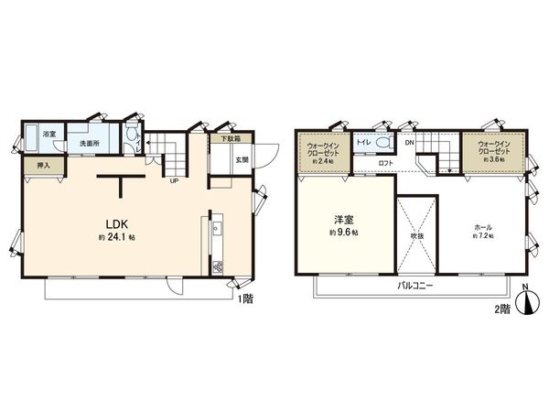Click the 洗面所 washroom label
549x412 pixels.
tap(88, 144)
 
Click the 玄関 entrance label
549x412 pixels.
tap(241, 159)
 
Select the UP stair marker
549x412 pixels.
tap(173, 179)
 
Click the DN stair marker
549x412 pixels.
tap(409, 143)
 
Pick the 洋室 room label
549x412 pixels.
tap(344, 220)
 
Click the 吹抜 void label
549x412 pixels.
tap(417, 234)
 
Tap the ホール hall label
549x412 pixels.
tap(482, 223)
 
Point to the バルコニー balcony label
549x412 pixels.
tap(414, 286)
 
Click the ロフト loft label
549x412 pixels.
tap(384, 162)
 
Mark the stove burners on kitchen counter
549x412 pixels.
tap(218, 267)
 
